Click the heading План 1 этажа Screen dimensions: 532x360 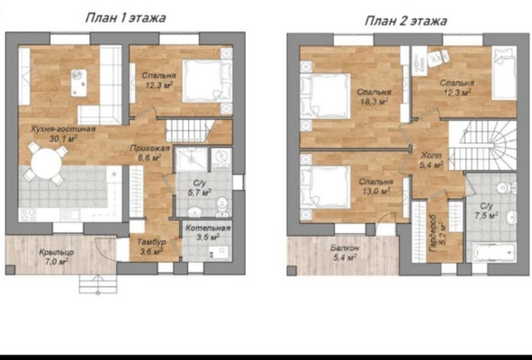(x=125, y=18)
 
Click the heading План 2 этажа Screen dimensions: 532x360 (x=406, y=21)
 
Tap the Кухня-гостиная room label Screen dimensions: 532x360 (x=63, y=134)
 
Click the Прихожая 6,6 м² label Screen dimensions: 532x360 (x=149, y=153)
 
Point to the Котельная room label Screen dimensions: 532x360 (x=208, y=232)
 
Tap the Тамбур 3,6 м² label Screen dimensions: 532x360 (x=151, y=247)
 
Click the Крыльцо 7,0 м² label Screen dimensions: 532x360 (x=57, y=256)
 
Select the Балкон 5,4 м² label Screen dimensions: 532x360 (x=345, y=253)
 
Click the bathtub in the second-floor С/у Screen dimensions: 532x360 (x=494, y=253)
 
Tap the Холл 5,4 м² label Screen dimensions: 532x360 (x=431, y=160)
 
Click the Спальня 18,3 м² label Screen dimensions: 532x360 (x=374, y=96)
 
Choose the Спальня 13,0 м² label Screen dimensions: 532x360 (x=376, y=186)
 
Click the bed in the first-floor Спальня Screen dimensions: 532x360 (x=203, y=81)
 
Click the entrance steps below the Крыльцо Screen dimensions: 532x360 (x=98, y=284)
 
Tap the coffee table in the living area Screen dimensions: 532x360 (x=78, y=83)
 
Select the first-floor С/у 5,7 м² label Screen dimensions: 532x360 (x=200, y=188)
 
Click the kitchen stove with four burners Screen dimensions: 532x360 (x=28, y=215)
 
